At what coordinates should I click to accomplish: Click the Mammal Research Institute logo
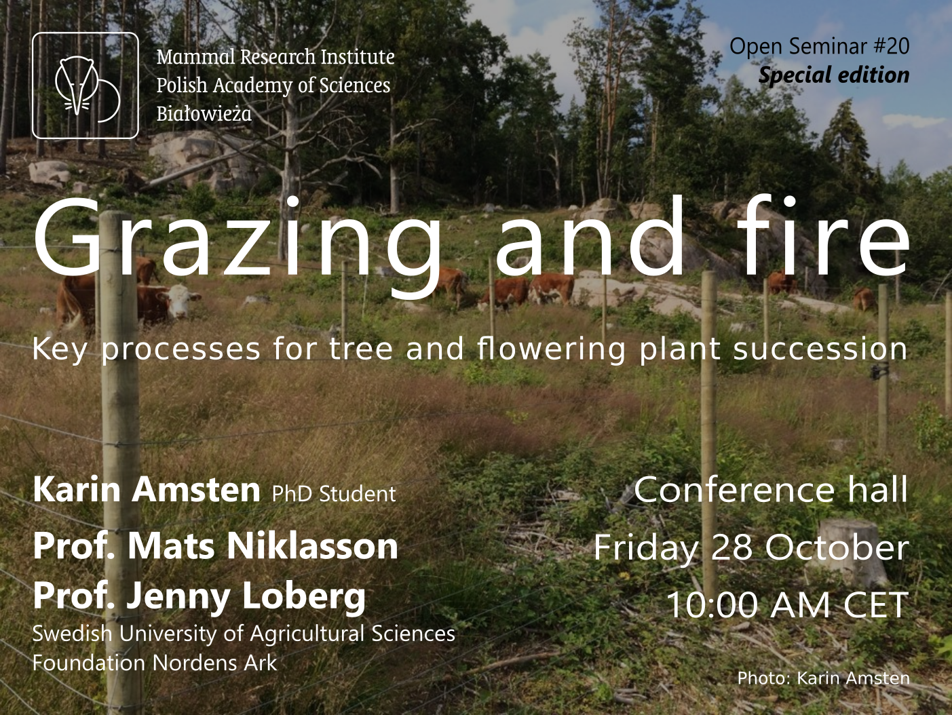click(x=85, y=85)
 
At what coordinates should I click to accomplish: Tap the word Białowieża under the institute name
click(x=204, y=114)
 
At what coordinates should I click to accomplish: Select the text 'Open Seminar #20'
click(x=819, y=46)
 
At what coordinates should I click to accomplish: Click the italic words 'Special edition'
click(x=834, y=75)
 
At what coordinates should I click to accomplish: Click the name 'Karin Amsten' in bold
click(x=146, y=489)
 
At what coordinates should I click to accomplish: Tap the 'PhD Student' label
click(x=334, y=494)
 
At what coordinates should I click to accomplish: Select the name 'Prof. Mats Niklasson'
click(x=215, y=545)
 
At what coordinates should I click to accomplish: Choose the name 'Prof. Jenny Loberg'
click(x=199, y=597)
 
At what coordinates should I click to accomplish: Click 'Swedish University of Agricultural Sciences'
click(x=244, y=634)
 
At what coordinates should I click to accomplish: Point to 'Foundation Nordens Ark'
click(x=155, y=663)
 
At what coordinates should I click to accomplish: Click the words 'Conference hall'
click(x=771, y=489)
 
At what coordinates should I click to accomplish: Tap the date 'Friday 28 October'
click(x=750, y=547)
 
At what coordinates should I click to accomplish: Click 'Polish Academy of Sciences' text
click(x=273, y=85)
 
